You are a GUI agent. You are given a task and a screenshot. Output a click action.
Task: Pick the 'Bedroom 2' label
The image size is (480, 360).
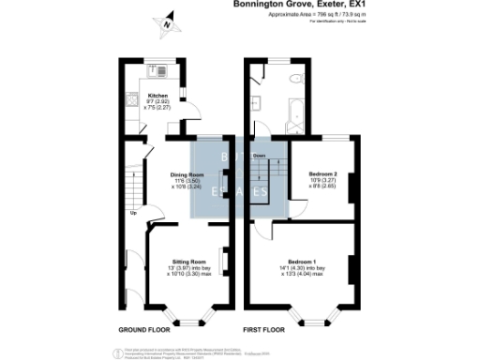[x=322, y=173]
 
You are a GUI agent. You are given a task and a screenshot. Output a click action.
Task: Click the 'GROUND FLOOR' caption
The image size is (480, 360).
[x=143, y=330]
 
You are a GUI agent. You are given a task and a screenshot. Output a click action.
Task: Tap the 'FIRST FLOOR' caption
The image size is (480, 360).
[x=264, y=330]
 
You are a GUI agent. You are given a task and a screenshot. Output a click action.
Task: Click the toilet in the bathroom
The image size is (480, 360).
[x=294, y=79]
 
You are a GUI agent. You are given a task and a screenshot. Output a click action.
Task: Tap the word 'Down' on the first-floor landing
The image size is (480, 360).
[x=259, y=156]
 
